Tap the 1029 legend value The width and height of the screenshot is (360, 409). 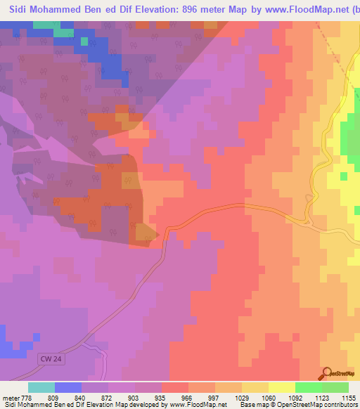coord(242,397)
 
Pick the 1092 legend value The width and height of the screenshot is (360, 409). coord(295,397)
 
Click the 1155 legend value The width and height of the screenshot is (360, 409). coord(349,397)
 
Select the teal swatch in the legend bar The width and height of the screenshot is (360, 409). coord(41,387)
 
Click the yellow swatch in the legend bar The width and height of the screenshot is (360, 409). coord(281,387)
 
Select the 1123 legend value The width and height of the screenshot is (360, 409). coord(322,397)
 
